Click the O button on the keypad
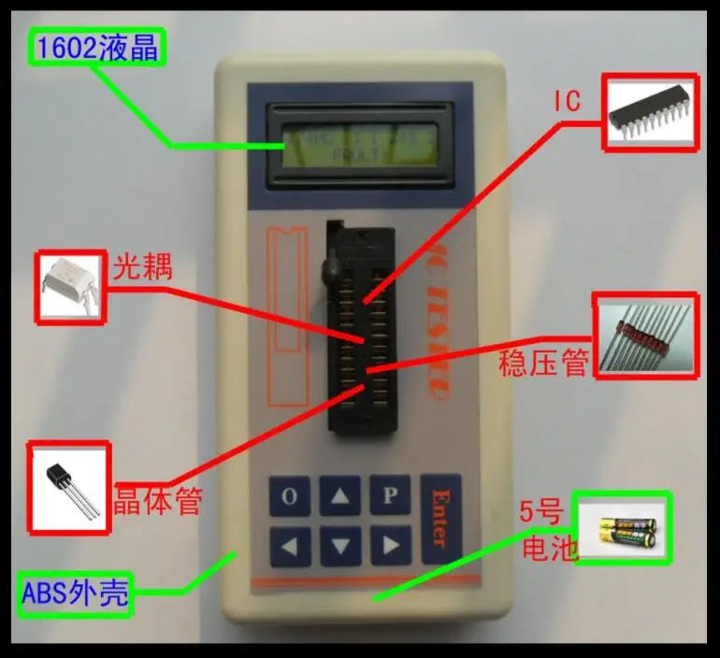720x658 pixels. point(290,496)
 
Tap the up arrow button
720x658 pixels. point(339,496)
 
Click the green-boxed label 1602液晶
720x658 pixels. point(97,48)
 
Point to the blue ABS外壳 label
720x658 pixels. point(75,594)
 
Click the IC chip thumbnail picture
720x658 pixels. point(650,113)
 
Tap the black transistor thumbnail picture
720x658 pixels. point(68,488)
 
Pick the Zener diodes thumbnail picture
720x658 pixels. point(645,337)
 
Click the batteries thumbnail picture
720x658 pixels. point(622,528)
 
